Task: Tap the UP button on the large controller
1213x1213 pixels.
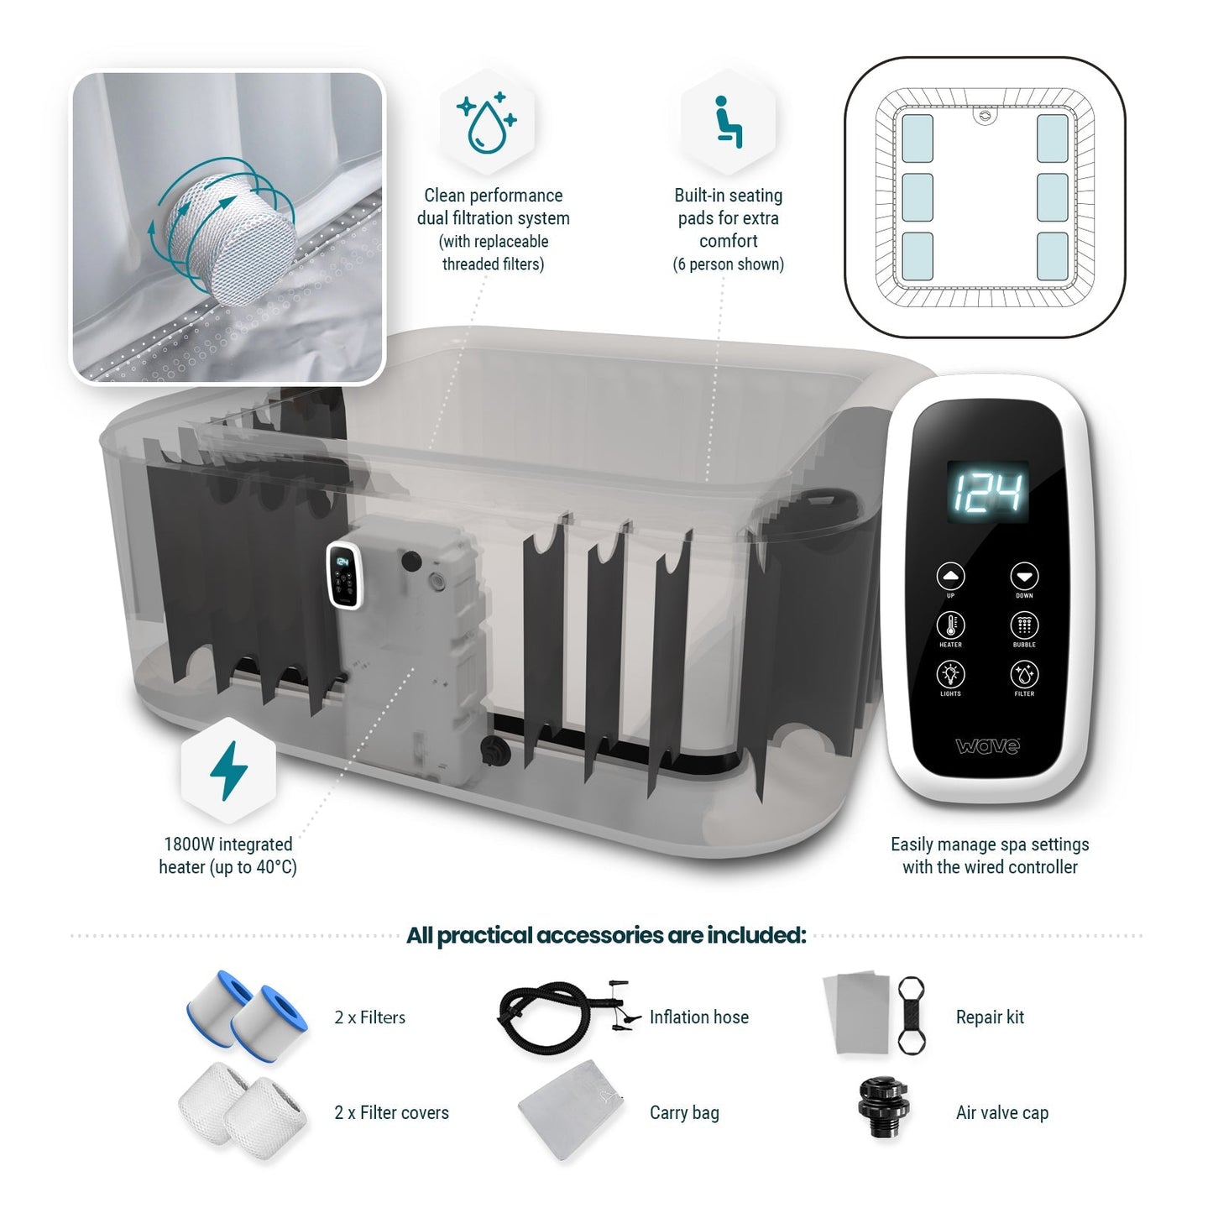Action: [950, 577]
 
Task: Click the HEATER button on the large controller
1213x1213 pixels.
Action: [950, 625]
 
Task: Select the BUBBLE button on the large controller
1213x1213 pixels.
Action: [1024, 625]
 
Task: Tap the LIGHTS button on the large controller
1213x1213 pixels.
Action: [950, 674]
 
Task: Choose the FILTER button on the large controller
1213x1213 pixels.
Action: [1024, 674]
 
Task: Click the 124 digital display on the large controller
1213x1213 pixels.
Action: [988, 491]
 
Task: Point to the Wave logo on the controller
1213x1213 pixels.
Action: [988, 745]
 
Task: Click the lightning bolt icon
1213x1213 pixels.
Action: [228, 770]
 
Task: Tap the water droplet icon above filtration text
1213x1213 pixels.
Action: [487, 123]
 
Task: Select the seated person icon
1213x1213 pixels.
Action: [728, 123]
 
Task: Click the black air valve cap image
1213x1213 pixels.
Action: [883, 1108]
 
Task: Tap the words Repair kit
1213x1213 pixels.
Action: [990, 1017]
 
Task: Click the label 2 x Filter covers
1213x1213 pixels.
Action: [391, 1113]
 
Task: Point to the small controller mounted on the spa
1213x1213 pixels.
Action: [343, 575]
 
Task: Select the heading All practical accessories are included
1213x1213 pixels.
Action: [606, 935]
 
